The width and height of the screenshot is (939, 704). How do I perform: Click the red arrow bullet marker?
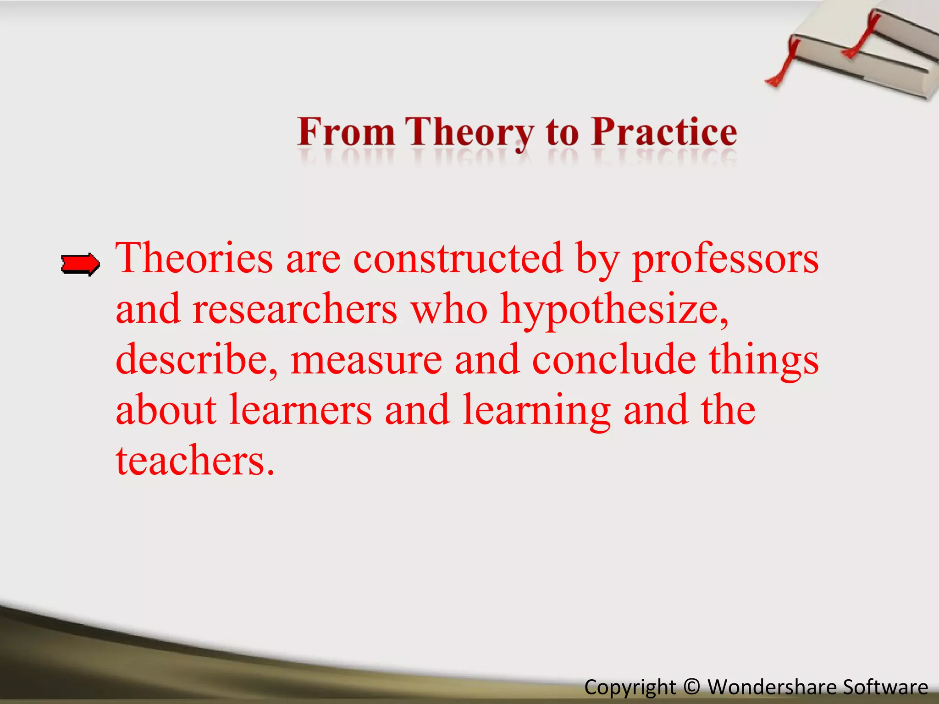80,264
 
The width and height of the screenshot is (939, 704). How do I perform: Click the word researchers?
295,309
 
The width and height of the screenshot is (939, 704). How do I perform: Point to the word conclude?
614,360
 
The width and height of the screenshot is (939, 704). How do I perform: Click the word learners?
300,410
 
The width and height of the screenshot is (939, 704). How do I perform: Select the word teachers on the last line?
195,461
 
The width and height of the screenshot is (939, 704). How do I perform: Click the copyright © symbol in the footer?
691,687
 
